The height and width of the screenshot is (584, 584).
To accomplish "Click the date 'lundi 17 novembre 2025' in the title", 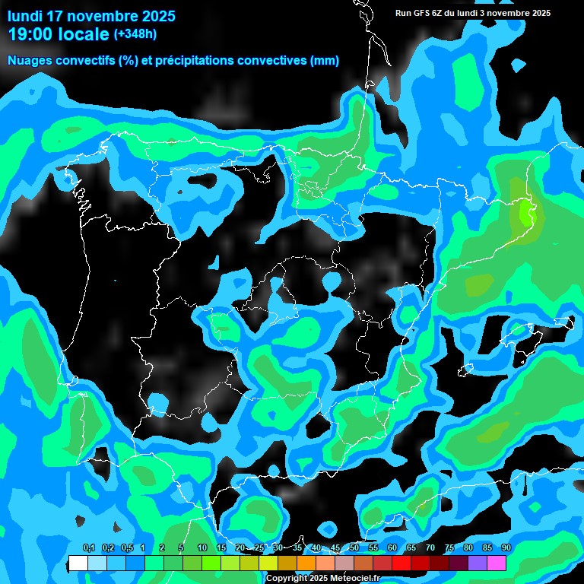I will [91, 16].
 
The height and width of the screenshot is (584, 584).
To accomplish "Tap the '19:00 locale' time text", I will [59, 34].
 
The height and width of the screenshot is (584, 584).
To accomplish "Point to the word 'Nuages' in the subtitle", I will [29, 61].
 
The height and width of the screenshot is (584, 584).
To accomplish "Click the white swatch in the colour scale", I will [78, 563].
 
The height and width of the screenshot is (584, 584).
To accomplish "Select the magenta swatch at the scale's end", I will [497, 563].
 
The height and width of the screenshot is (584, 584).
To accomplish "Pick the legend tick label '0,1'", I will [88, 548].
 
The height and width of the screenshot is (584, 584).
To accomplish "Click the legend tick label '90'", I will [506, 548].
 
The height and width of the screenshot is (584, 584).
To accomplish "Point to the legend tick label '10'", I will [202, 548].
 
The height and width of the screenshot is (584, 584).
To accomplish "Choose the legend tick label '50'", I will [354, 548].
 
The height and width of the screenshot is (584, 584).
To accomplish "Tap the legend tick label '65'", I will [411, 548].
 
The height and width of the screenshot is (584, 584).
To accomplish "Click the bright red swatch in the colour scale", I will [401, 563].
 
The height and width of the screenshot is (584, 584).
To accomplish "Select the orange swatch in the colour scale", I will [306, 563].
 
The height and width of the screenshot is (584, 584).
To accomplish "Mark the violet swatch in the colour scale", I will [478, 563].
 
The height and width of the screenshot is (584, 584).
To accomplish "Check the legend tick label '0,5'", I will [126, 548].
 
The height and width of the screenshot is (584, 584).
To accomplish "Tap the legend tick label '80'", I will [468, 548].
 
